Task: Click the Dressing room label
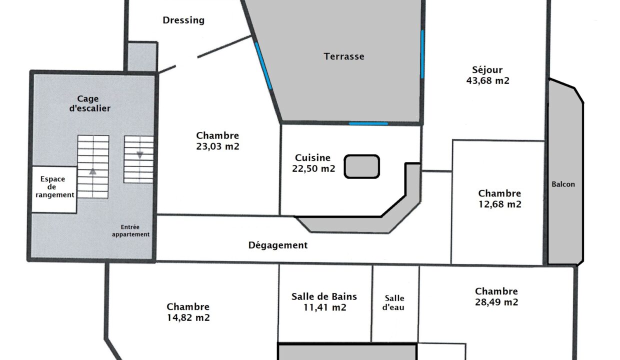pos(183,20)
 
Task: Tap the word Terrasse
pos(344,56)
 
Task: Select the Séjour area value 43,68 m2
pos(487,81)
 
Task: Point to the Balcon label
pos(563,184)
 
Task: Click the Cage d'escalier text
pos(89,103)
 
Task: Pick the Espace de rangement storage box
pos(54,189)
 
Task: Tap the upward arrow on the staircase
pos(92,171)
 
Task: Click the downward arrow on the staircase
pos(140,155)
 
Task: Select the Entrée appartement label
pos(130,231)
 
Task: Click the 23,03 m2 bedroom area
pos(217,146)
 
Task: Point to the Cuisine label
pos(313,157)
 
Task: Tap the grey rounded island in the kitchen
pos(362,166)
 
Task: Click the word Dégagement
pos(278,245)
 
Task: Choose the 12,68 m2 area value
pos(500,204)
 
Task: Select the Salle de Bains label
pos(324,296)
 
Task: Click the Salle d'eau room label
pos(393,302)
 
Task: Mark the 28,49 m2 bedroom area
pos(496,302)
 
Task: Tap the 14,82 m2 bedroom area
pos(188,317)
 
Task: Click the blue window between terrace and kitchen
pos(368,123)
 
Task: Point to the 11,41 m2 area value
pos(324,307)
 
